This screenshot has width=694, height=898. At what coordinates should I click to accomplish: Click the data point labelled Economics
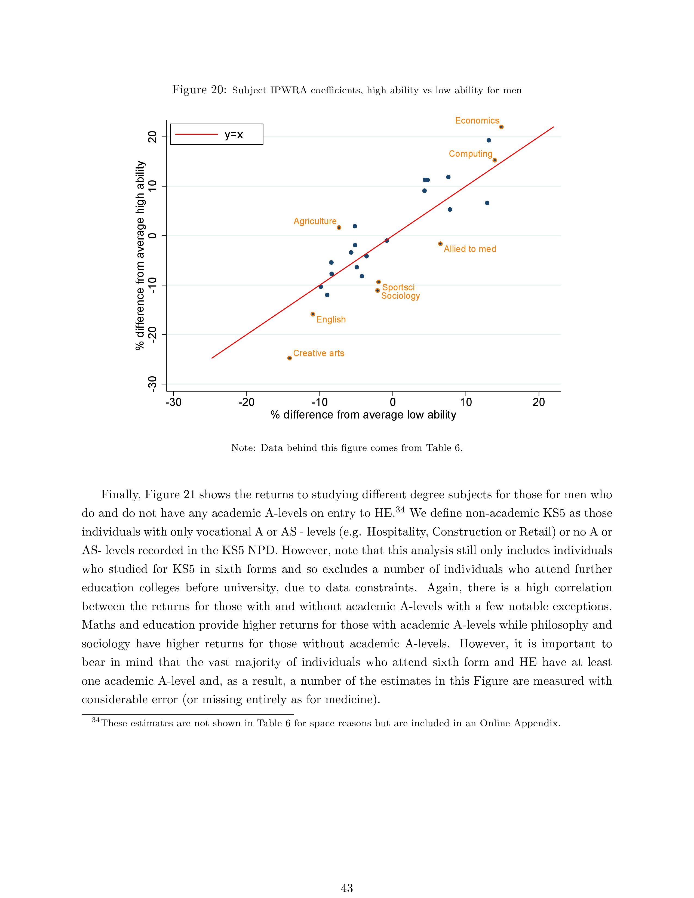pos(501,127)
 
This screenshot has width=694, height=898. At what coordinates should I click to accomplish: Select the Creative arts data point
pos(290,358)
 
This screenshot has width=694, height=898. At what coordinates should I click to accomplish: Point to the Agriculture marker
pos(339,228)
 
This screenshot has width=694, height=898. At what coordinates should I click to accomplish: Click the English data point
pos(313,314)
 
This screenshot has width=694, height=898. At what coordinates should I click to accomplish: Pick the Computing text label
pos(470,154)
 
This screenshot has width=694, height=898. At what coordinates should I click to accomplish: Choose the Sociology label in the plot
pos(400,296)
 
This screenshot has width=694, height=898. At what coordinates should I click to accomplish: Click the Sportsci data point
pos(379,282)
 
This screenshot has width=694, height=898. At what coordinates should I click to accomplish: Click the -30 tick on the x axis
pos(174,402)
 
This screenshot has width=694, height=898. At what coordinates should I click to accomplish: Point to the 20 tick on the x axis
pos(539,402)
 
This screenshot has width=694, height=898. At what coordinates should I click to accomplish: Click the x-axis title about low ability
pos(363,415)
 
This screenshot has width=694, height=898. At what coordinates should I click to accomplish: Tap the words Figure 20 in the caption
pos(199,90)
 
